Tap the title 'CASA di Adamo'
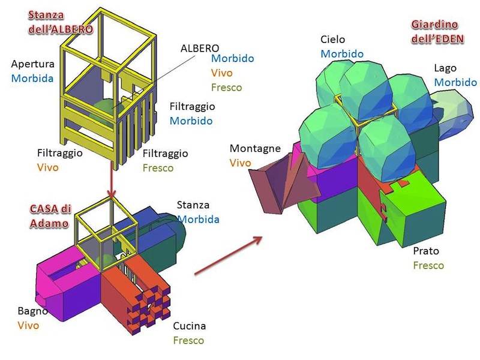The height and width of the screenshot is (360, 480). click(51, 215)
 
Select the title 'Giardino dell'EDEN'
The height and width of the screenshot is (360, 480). click(435, 31)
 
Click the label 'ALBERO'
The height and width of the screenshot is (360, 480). click(200, 48)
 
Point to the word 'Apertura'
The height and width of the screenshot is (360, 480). click(32, 64)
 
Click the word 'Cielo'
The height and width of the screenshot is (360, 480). click(332, 40)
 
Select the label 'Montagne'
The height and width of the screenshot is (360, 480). click(255, 148)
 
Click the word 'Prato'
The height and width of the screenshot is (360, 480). click(426, 251)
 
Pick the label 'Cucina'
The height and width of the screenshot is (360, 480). click(189, 326)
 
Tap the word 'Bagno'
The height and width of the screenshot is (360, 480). click(32, 311)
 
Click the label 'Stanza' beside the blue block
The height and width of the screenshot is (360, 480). click(193, 205)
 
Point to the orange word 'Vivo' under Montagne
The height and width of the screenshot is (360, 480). click(240, 163)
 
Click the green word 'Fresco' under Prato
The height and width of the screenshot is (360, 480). click(428, 265)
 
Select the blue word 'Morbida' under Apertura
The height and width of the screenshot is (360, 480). click(32, 79)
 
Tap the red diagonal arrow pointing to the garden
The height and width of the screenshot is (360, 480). click(229, 255)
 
